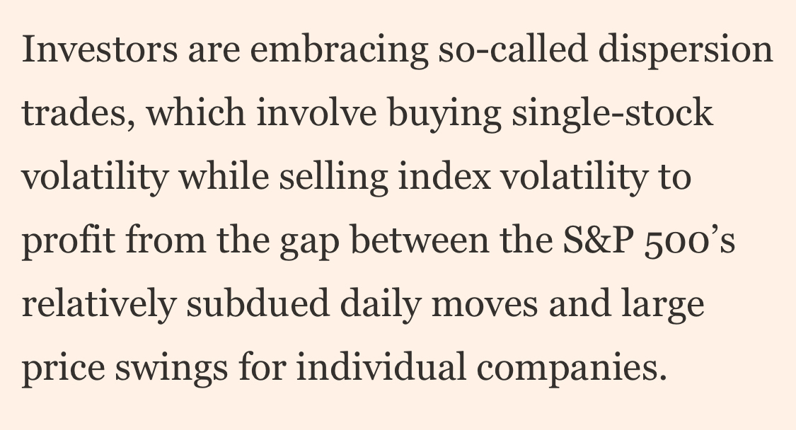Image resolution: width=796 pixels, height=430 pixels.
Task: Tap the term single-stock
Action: click(x=613, y=113)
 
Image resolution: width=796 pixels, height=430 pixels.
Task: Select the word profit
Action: click(x=68, y=240)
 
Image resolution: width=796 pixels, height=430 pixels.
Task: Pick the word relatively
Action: click(x=98, y=304)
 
